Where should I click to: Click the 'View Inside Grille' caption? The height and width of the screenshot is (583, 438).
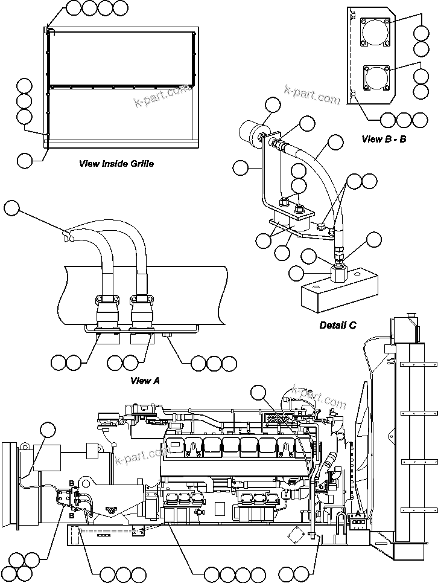tap(116, 163)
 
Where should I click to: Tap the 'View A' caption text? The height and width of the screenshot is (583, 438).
tap(145, 381)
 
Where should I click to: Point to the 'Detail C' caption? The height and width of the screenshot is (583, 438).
tap(338, 326)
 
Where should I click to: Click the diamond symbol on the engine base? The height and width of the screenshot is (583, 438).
tap(294, 536)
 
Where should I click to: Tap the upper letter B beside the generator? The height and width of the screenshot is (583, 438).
tap(72, 483)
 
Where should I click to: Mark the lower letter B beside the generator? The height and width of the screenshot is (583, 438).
tap(72, 517)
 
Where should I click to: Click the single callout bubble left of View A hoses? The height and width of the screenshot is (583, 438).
tap(11, 209)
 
